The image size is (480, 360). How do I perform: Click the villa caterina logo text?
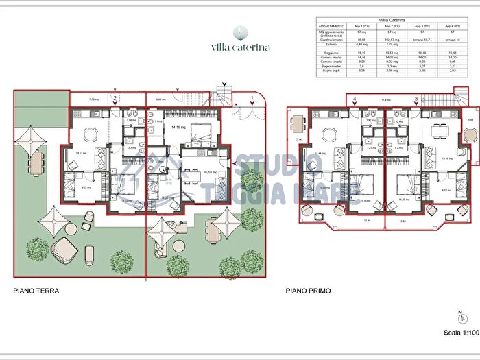(240, 48)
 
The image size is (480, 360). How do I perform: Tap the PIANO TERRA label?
(36, 291)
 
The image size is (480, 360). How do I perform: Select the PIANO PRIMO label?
(308, 291)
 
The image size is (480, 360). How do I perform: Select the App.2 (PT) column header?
(392, 25)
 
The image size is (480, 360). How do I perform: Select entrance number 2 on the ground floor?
(115, 99)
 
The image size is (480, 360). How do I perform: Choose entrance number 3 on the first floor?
(416, 99)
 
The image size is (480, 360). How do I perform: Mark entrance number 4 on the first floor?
(354, 99)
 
